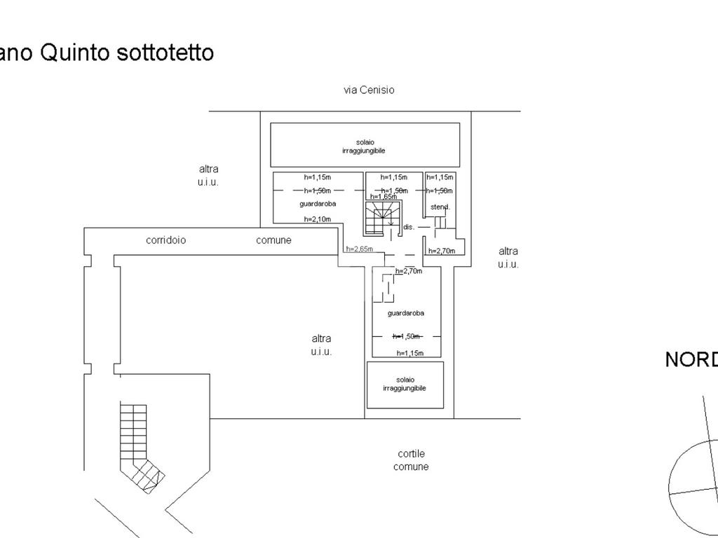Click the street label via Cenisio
coord(369,90)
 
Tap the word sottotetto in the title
coord(163,53)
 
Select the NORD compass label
coord(691,359)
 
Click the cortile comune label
coord(411,460)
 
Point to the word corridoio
coord(166,240)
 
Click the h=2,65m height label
coord(359,249)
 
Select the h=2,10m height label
coord(318,219)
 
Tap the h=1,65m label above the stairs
coord(384,197)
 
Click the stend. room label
coord(440,207)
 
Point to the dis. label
coord(409,227)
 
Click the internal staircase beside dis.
coord(383,218)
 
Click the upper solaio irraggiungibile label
coord(365,146)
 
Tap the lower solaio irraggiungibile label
coord(405,384)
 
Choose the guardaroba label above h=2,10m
coord(318,204)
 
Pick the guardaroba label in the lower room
coord(405,313)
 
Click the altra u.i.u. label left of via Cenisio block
coord(208,175)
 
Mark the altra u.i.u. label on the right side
coord(508,257)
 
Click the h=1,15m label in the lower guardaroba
coord(410,353)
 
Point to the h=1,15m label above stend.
coord(440,177)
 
